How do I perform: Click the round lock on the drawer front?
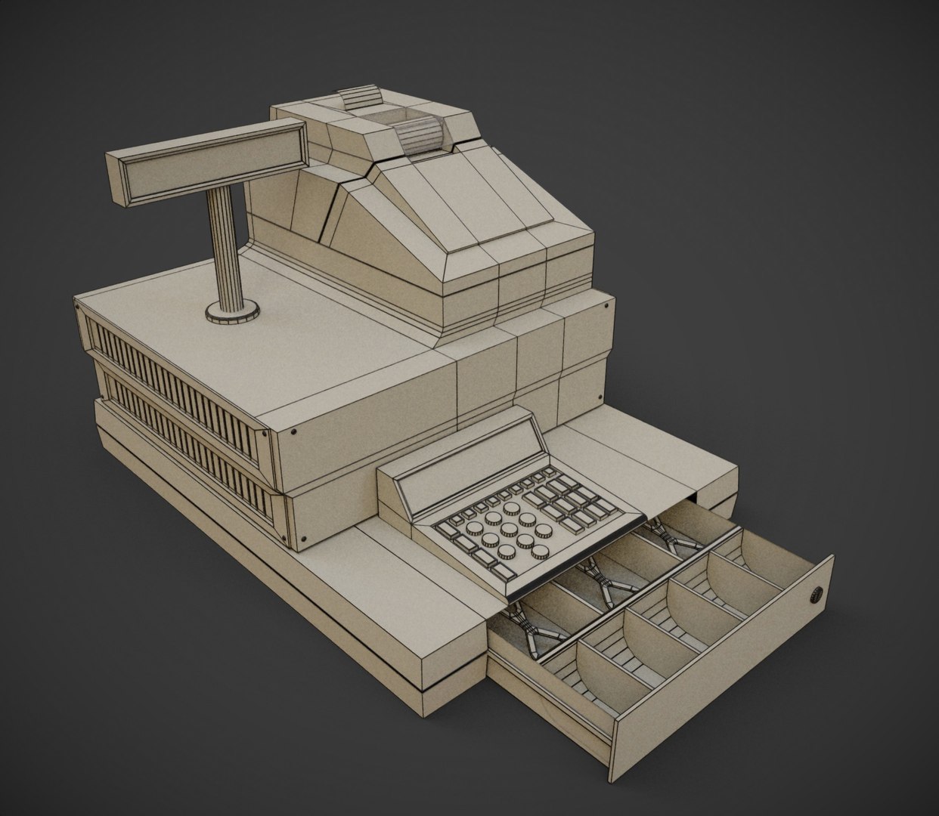point(816,595)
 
